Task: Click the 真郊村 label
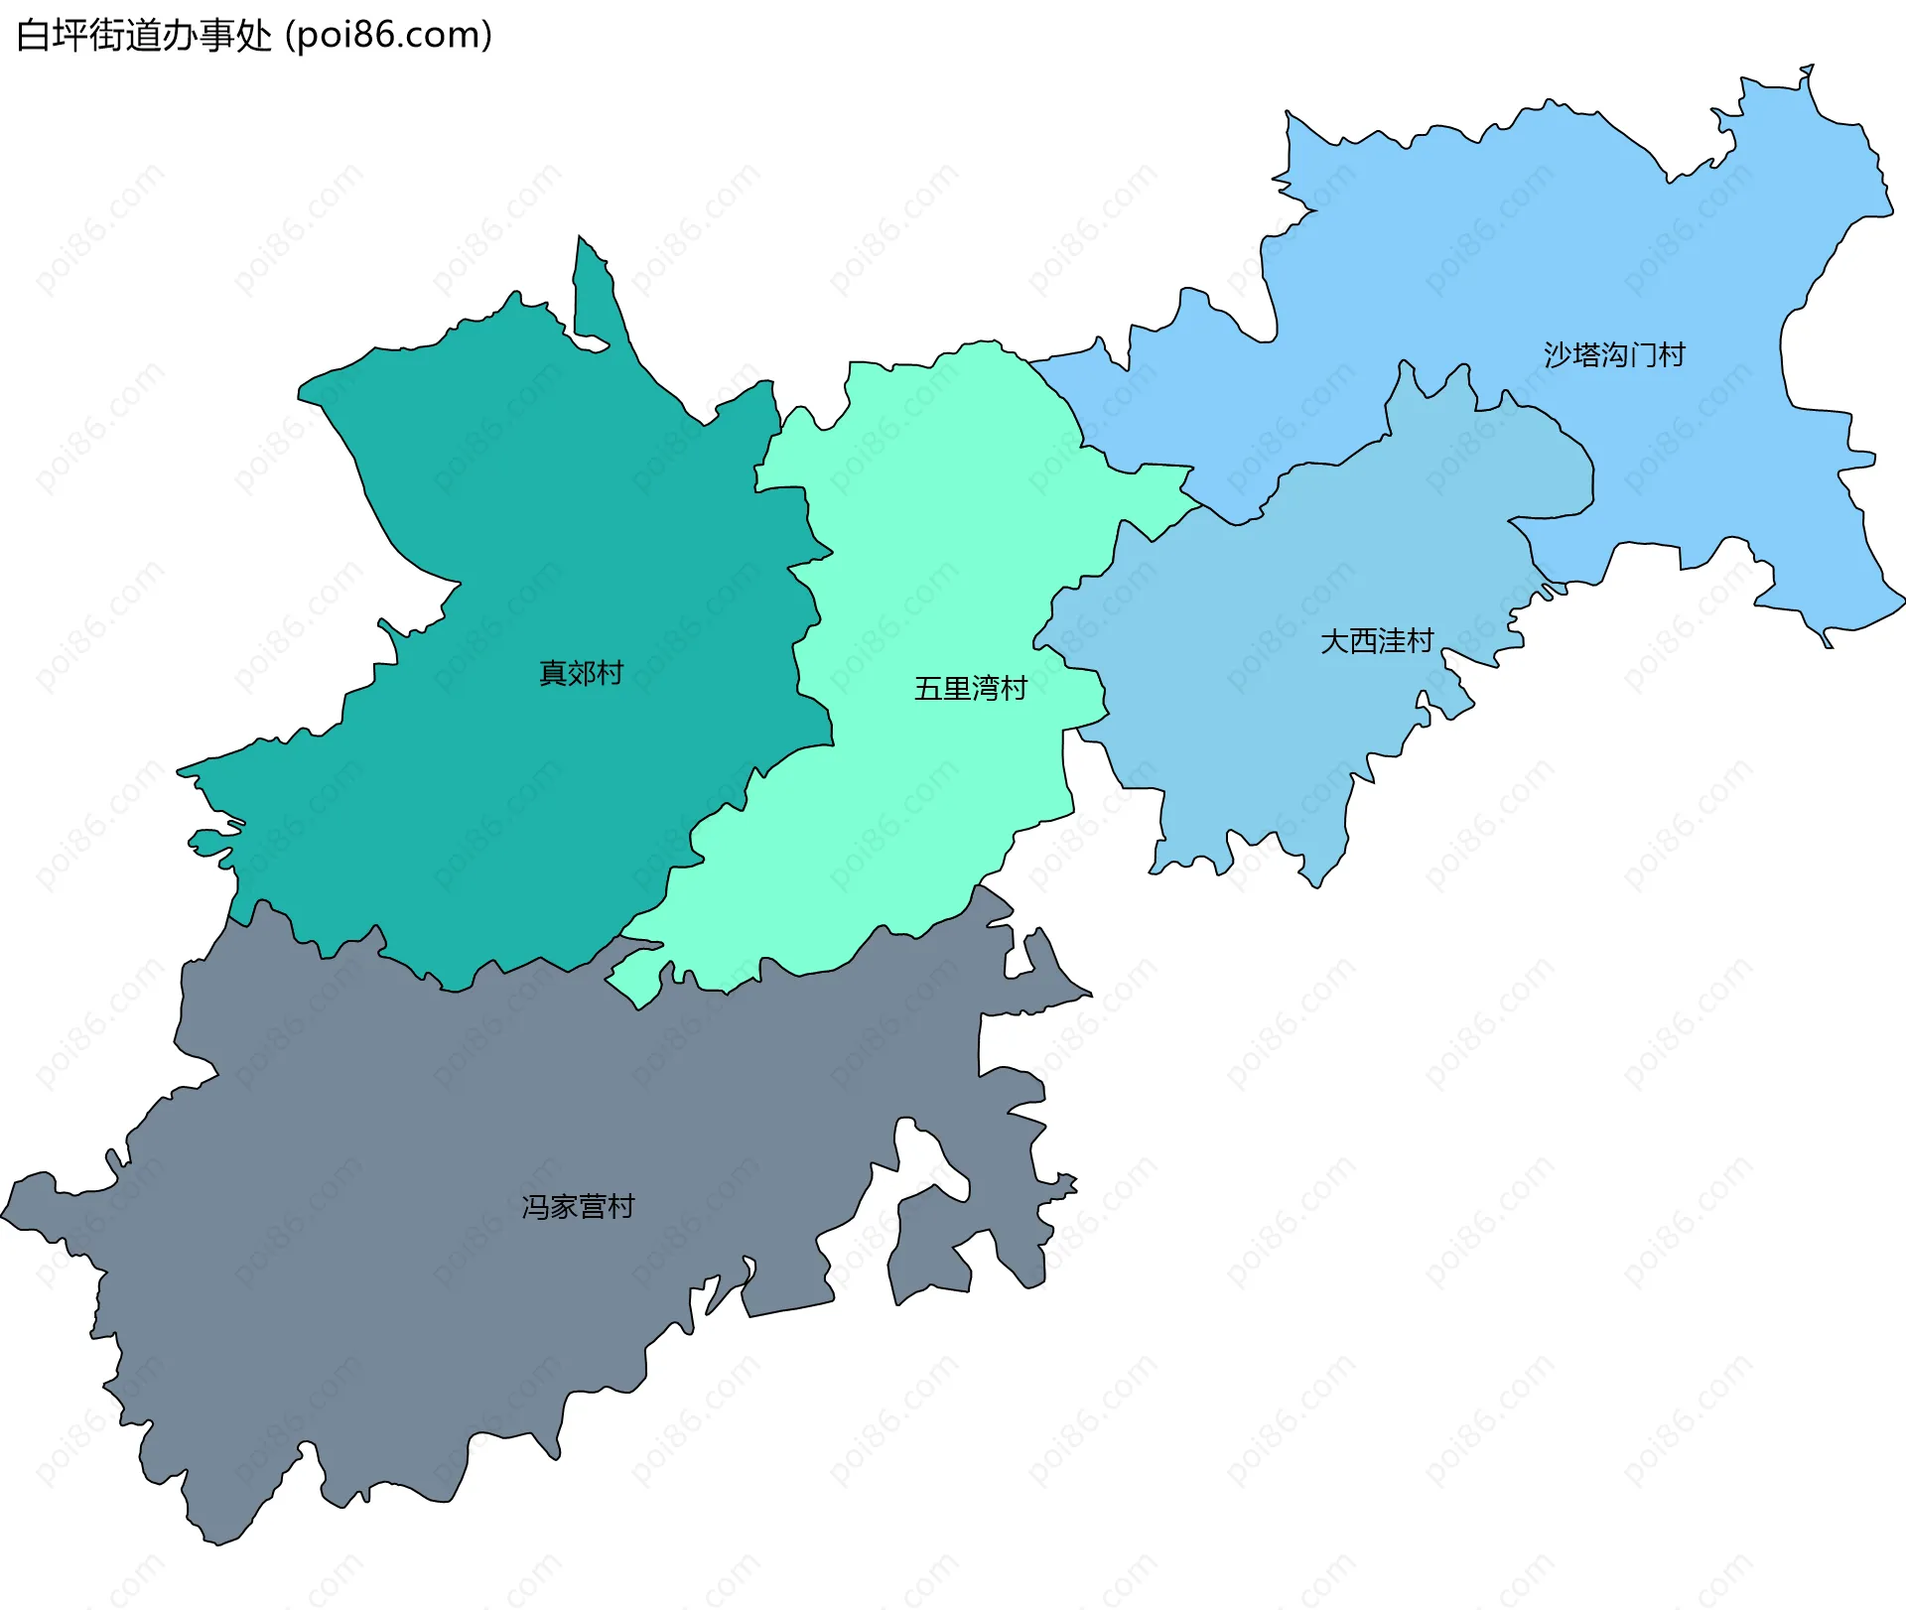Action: point(581,673)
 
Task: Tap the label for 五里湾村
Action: point(970,688)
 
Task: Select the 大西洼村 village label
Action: point(1377,641)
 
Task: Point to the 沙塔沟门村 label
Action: point(1614,354)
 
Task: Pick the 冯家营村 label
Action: point(578,1206)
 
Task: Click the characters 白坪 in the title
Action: point(53,36)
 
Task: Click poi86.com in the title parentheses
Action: point(388,36)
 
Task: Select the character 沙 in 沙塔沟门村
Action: point(1558,354)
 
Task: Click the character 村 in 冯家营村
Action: point(621,1206)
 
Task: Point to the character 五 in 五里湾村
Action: point(928,688)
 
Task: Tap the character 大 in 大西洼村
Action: point(1334,641)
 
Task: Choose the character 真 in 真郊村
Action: point(552,673)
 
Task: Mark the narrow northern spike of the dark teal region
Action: point(592,288)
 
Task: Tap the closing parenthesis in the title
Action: point(486,36)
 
